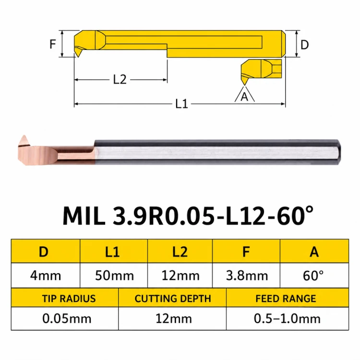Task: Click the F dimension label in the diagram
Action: pyautogui.click(x=53, y=44)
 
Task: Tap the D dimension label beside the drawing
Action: pyautogui.click(x=304, y=45)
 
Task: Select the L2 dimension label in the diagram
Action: pyautogui.click(x=120, y=80)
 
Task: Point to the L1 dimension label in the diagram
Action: pyautogui.click(x=181, y=104)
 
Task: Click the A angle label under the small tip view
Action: pyautogui.click(x=244, y=96)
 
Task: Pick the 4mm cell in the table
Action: pyautogui.click(x=46, y=276)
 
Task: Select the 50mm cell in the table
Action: pyautogui.click(x=114, y=276)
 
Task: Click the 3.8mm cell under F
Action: pyautogui.click(x=247, y=276)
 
